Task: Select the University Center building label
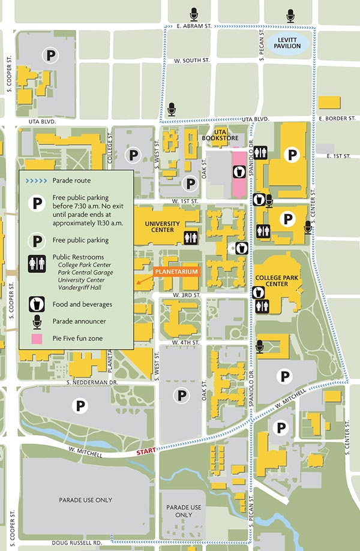click(x=162, y=227)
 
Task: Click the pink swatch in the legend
click(x=37, y=339)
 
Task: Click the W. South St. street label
click(x=191, y=61)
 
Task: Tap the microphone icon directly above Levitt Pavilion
click(x=291, y=14)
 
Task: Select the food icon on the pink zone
click(x=239, y=172)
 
